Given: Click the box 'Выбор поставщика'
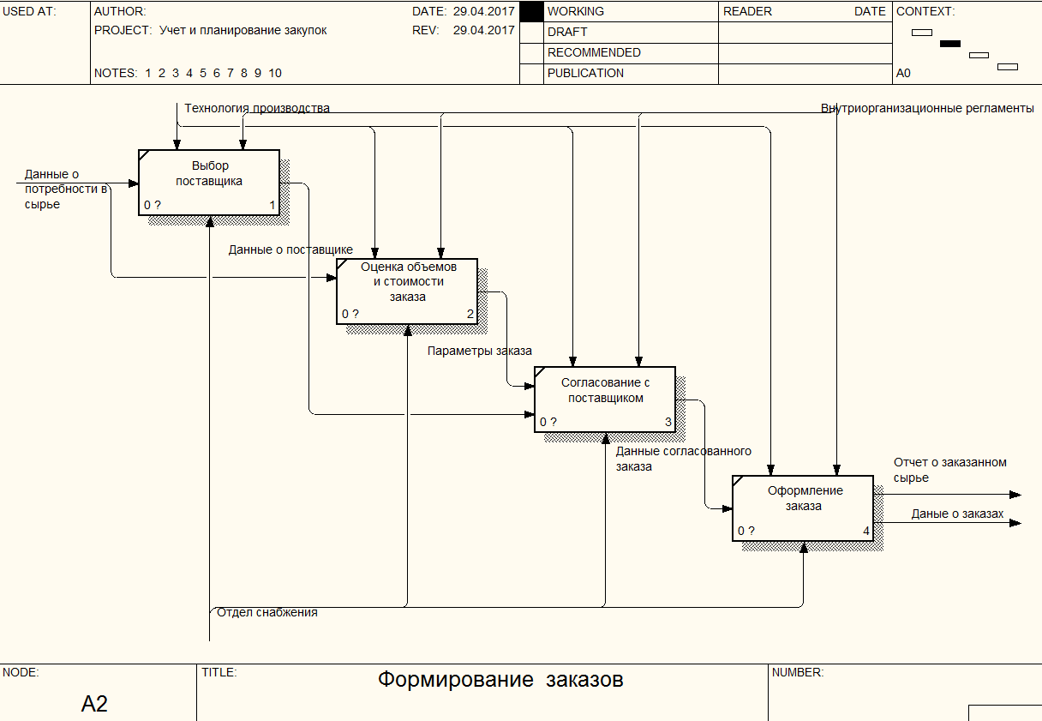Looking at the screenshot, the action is pyautogui.click(x=209, y=183).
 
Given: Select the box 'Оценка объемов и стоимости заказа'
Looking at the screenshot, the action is pyautogui.click(x=407, y=291).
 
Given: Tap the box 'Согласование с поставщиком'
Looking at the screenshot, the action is pyautogui.click(x=605, y=400).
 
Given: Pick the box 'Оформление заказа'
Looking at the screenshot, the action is pyautogui.click(x=803, y=508).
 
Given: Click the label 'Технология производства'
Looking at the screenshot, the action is pyautogui.click(x=257, y=108).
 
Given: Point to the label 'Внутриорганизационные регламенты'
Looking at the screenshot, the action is pyautogui.click(x=927, y=108).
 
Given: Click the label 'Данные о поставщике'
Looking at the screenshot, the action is pyautogui.click(x=290, y=249).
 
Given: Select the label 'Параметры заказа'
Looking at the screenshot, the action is pyautogui.click(x=480, y=351).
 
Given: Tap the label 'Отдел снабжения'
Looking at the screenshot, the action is pyautogui.click(x=267, y=612).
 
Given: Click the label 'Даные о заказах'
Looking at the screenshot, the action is pyautogui.click(x=957, y=514).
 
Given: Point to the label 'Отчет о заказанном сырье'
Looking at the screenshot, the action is pyautogui.click(x=950, y=470).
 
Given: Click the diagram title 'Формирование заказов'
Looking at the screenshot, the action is pyautogui.click(x=500, y=679).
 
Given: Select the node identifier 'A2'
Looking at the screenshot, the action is pyautogui.click(x=94, y=703).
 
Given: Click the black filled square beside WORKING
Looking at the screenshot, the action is pyautogui.click(x=531, y=12).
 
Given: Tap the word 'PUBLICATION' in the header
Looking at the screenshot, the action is pyautogui.click(x=585, y=73).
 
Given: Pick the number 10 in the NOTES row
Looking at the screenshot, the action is pyautogui.click(x=275, y=73).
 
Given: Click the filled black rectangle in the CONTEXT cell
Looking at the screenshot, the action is pyautogui.click(x=950, y=44).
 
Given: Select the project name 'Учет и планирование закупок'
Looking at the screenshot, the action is pyautogui.click(x=243, y=30).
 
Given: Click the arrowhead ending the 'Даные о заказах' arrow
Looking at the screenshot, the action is pyautogui.click(x=1015, y=523).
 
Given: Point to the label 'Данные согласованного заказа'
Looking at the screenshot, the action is pyautogui.click(x=683, y=459).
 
